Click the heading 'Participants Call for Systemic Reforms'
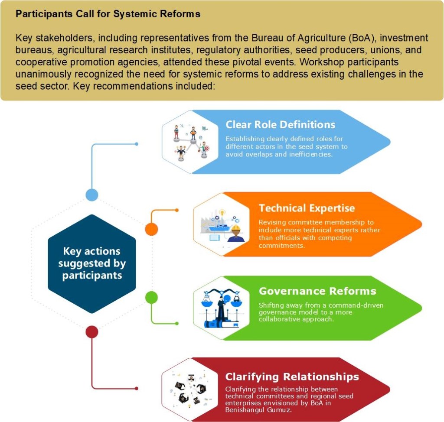[x=108, y=14]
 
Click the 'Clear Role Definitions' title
[x=280, y=125]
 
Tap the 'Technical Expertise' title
[x=307, y=208]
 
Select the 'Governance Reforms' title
[x=317, y=291]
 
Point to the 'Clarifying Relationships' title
[x=292, y=376]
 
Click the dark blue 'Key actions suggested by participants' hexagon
[x=91, y=263]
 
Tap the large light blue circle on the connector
[x=91, y=195]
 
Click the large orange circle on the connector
[x=151, y=229]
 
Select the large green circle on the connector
[x=151, y=298]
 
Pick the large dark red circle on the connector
[x=91, y=332]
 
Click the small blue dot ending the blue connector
[x=137, y=144]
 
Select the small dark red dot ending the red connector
[x=137, y=388]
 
